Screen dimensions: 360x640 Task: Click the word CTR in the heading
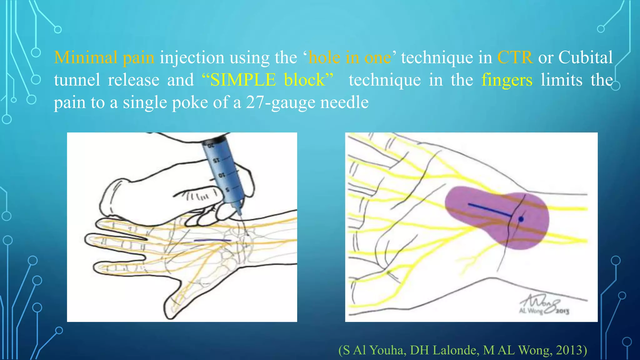coord(515,57)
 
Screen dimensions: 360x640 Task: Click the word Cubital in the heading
coord(585,57)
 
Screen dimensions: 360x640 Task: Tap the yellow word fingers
coord(507,80)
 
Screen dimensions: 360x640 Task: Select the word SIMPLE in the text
coord(243,80)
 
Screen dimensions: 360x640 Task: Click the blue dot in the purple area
coord(521,219)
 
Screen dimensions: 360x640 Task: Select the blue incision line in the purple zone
coord(489,210)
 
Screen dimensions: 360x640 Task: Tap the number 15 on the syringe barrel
coord(216,161)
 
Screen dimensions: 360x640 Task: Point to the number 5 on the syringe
coord(227,190)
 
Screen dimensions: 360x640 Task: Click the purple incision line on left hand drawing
coord(212,240)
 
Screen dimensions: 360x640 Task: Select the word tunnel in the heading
coord(77,80)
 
